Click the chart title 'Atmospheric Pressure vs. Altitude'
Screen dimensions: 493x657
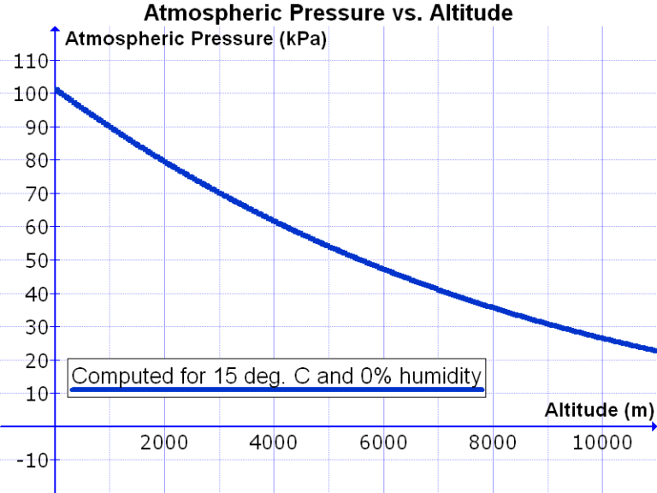tap(328, 13)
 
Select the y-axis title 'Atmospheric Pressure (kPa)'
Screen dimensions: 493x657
tap(196, 39)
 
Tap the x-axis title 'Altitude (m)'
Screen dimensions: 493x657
tap(599, 410)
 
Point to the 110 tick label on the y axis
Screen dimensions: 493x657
tap(31, 61)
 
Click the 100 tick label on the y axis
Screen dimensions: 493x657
tap(31, 94)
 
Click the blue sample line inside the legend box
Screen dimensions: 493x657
tap(277, 389)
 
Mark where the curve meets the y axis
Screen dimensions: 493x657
tap(56, 89)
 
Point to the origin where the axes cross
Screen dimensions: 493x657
tap(56, 426)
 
